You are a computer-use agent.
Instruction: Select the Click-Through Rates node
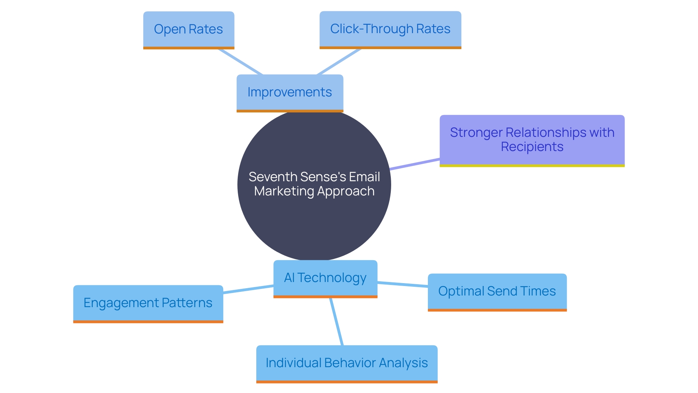(390, 29)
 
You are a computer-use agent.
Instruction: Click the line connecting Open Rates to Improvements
(240, 61)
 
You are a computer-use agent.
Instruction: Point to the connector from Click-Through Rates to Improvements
(339, 61)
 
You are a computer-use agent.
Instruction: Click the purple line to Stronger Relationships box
(414, 164)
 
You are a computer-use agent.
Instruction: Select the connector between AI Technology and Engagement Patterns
(248, 290)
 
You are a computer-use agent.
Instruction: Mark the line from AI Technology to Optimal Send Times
(402, 284)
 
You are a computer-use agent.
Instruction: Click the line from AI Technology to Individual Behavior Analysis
(336, 322)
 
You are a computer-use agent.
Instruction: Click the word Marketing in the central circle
(284, 191)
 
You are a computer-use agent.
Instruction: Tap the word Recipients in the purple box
(532, 147)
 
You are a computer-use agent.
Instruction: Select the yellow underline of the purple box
(532, 166)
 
